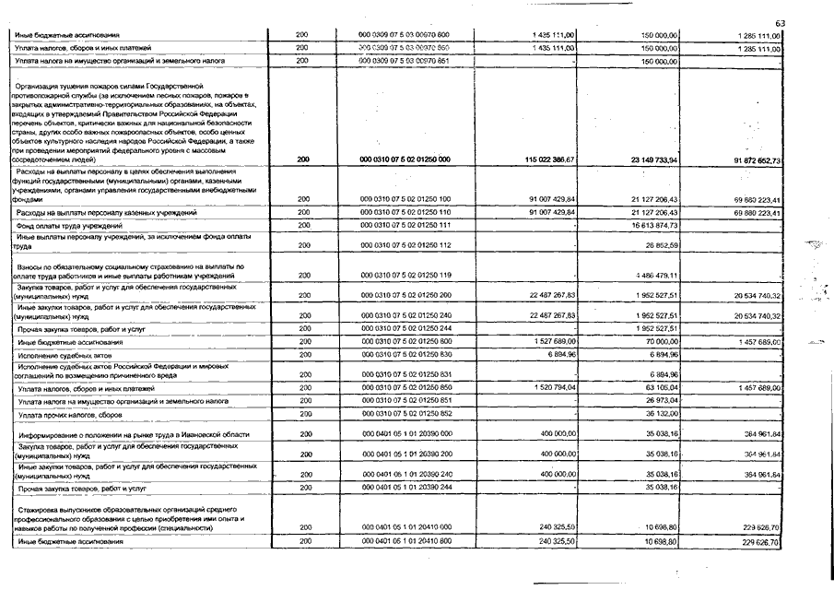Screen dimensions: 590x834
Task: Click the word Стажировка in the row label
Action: (x=41, y=509)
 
